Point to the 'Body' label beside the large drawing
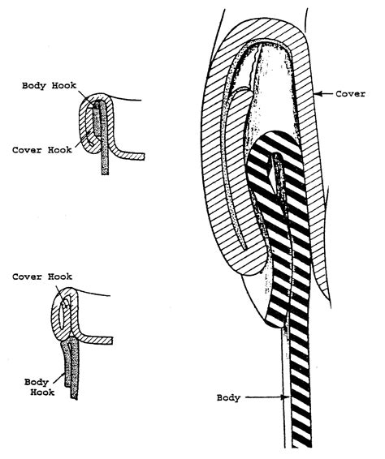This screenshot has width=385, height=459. click(232, 398)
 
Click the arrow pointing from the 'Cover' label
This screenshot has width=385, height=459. click(325, 94)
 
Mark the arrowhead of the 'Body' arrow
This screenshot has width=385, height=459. click(281, 398)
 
